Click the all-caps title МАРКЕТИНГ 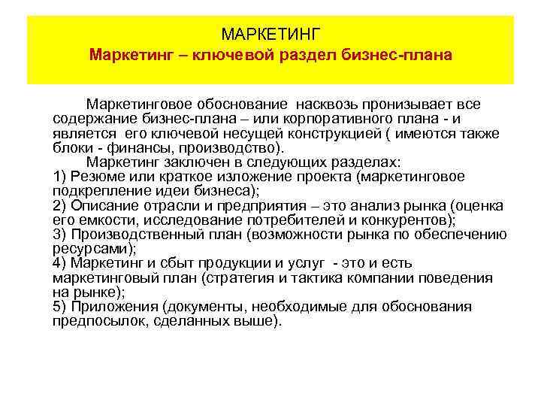click(x=271, y=35)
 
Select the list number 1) click(x=62, y=176)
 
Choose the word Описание click(x=107, y=205)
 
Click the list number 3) click(x=62, y=234)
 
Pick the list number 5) click(x=62, y=306)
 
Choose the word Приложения click(x=113, y=306)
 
